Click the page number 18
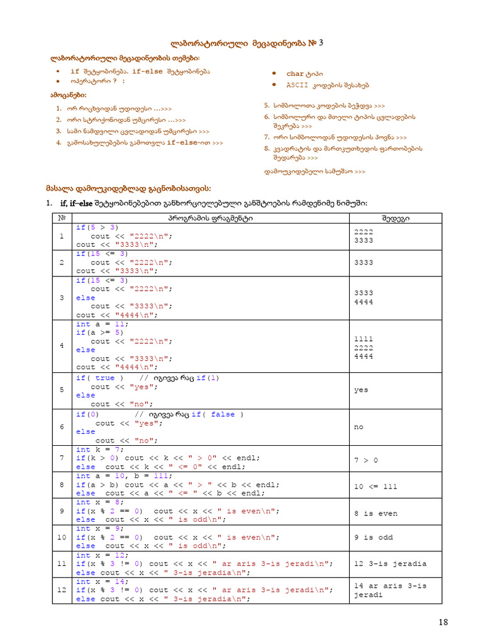click(x=443, y=622)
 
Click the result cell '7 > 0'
click(x=366, y=460)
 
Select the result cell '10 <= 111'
click(x=375, y=487)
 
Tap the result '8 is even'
click(x=375, y=513)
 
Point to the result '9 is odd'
click(x=373, y=537)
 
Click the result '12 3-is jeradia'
click(x=390, y=563)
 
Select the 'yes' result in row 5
click(x=361, y=390)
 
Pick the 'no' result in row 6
click(x=358, y=426)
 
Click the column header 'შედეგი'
click(x=396, y=218)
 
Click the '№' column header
click(x=62, y=218)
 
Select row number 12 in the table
click(x=62, y=590)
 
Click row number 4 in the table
click(x=62, y=346)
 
